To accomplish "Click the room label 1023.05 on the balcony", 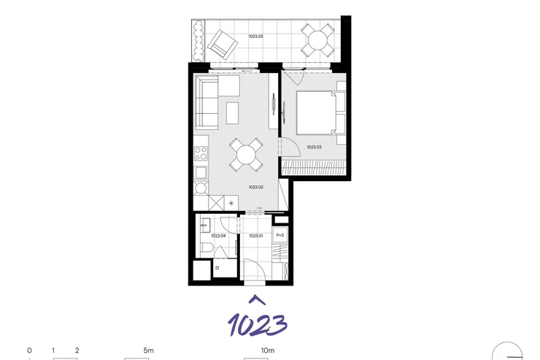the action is [x=255, y=37].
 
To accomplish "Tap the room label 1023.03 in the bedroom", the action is [x=314, y=147].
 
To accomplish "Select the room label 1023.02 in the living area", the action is [x=256, y=188].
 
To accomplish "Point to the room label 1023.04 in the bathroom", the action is [x=218, y=236].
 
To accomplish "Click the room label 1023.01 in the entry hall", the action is [x=256, y=236].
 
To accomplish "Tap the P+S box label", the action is [x=280, y=235].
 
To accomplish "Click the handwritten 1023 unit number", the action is [x=258, y=324].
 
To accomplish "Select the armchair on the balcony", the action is [x=223, y=45].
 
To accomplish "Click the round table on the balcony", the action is [x=317, y=40].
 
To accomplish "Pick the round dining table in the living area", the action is [x=246, y=155].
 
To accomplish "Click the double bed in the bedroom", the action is [x=316, y=112].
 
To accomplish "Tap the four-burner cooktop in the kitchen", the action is [x=201, y=153].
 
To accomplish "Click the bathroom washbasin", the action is [x=205, y=225].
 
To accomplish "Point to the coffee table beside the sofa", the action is [x=233, y=113].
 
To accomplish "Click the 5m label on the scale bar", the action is [x=148, y=351].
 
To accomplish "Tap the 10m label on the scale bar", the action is [x=268, y=351].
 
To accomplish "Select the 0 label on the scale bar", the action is [x=29, y=351].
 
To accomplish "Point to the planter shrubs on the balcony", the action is [x=198, y=41].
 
